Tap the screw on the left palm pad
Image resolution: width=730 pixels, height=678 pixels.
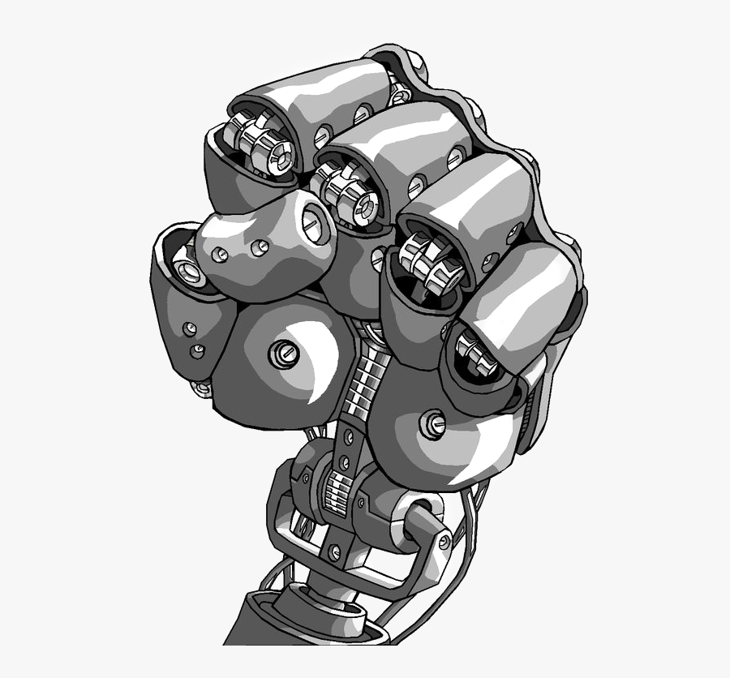point(285,353)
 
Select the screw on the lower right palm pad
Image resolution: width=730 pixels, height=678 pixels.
point(432,423)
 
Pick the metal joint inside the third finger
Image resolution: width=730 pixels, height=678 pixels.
point(429,260)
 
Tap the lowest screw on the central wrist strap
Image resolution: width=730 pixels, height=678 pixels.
point(336,552)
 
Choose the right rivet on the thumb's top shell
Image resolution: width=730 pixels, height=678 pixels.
point(260,246)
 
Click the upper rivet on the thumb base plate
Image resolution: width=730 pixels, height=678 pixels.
point(190,328)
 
